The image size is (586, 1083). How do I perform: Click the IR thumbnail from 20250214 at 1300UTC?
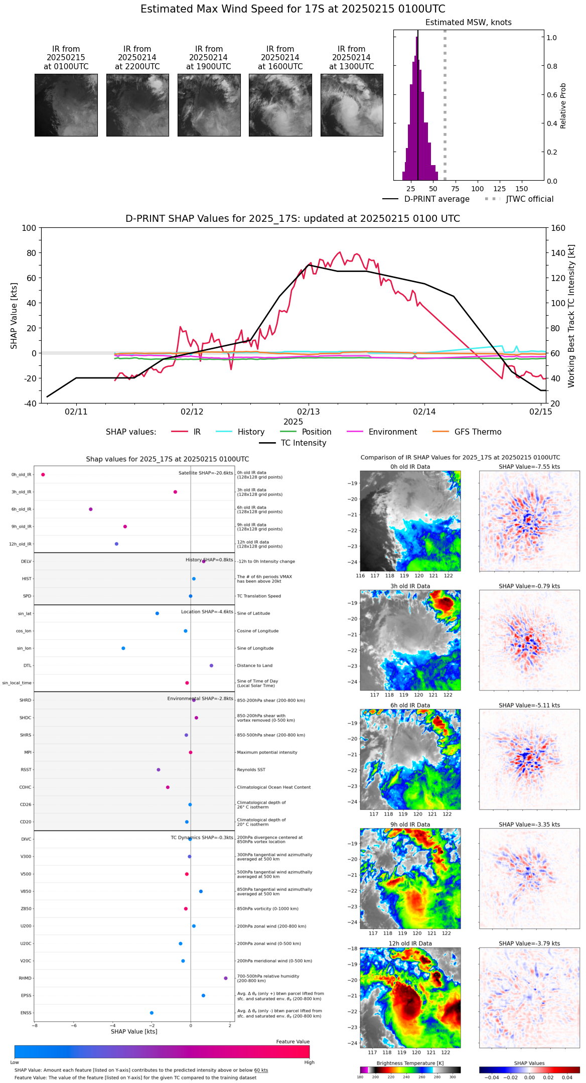coord(352,105)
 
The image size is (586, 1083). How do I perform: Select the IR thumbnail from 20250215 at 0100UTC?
coord(66,105)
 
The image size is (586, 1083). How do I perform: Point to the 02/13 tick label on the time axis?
coord(309,412)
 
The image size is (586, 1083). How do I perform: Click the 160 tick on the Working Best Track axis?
coord(558,228)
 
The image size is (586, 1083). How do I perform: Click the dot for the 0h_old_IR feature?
coord(43,475)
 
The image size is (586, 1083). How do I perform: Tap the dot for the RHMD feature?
coord(226,978)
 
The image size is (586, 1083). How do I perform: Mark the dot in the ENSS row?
coord(152,1013)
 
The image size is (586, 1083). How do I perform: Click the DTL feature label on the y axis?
coord(27,666)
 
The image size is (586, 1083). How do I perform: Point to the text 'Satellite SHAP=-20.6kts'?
coord(206,473)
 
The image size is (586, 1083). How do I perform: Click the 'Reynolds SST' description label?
coord(251,770)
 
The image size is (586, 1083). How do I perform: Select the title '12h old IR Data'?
coord(410,943)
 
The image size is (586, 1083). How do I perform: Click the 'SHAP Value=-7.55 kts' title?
coord(529,467)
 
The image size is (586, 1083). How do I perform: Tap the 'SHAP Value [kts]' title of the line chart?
coord(14,316)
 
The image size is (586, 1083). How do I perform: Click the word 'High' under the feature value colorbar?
coord(309,1062)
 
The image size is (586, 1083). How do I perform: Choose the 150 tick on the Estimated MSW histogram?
coord(522,189)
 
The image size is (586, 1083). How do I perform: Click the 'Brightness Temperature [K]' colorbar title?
coord(410,1063)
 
